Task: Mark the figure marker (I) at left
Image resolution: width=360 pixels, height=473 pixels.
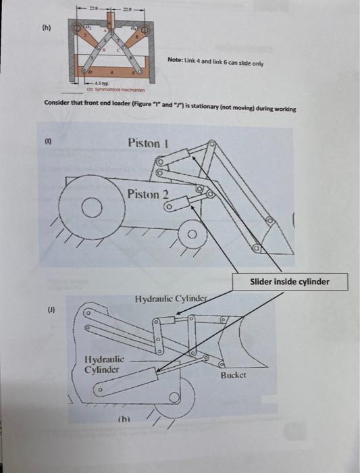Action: (47, 143)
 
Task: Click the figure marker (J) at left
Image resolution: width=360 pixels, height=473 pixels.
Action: (47, 312)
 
